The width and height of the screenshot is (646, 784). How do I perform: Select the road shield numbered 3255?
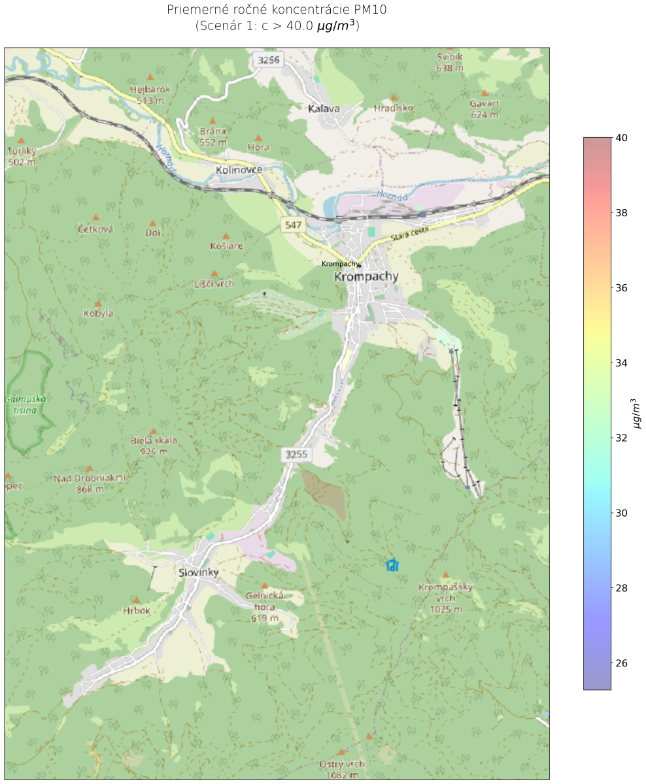click(296, 453)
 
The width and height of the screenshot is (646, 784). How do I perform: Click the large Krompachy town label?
click(365, 277)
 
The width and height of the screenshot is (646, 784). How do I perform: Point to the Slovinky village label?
click(198, 572)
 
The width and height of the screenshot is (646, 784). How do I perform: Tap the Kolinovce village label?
click(239, 170)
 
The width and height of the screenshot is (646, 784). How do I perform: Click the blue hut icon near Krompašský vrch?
click(392, 565)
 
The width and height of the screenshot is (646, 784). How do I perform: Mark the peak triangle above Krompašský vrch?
click(446, 575)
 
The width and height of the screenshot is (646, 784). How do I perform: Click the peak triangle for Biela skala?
click(154, 431)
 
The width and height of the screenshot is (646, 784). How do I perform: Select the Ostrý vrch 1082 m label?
click(341, 769)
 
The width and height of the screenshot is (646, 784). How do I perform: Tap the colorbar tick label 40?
click(622, 138)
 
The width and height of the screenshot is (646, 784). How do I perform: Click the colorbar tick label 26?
click(622, 662)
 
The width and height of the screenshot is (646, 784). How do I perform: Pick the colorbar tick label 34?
click(622, 363)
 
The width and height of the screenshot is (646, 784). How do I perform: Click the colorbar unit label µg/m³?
click(637, 413)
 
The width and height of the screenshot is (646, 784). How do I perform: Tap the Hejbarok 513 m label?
click(150, 95)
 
